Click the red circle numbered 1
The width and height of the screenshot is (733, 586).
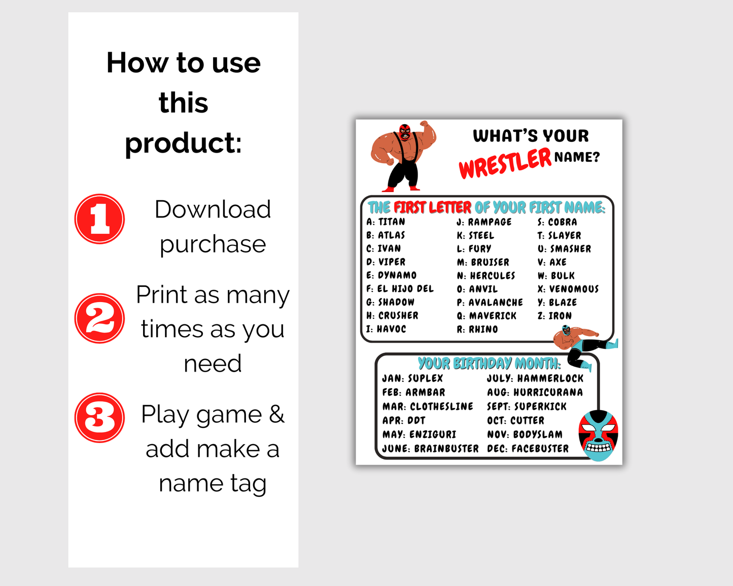(99, 219)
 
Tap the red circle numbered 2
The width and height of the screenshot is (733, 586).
(99, 318)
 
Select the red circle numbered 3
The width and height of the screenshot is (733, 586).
(99, 418)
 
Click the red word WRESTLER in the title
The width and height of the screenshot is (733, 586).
(505, 163)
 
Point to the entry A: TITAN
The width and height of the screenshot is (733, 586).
(386, 222)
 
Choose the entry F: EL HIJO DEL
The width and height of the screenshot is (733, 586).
(400, 289)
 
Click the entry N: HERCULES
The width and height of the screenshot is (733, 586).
(486, 275)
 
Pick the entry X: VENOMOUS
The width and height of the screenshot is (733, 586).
(568, 289)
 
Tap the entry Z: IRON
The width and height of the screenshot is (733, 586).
(554, 316)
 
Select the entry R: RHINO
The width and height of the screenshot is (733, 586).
(477, 329)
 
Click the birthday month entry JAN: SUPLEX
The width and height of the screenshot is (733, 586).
(412, 378)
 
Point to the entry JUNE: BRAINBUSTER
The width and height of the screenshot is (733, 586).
(430, 449)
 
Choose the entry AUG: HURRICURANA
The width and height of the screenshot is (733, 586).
(535, 392)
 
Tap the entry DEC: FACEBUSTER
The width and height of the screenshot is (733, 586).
(528, 449)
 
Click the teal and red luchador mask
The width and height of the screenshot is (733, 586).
(599, 436)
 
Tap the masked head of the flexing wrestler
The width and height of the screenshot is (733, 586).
(405, 132)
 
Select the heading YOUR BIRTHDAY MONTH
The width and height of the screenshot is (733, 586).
(490, 363)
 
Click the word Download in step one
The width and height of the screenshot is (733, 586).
(213, 209)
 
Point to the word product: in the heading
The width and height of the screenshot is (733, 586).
(183, 143)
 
